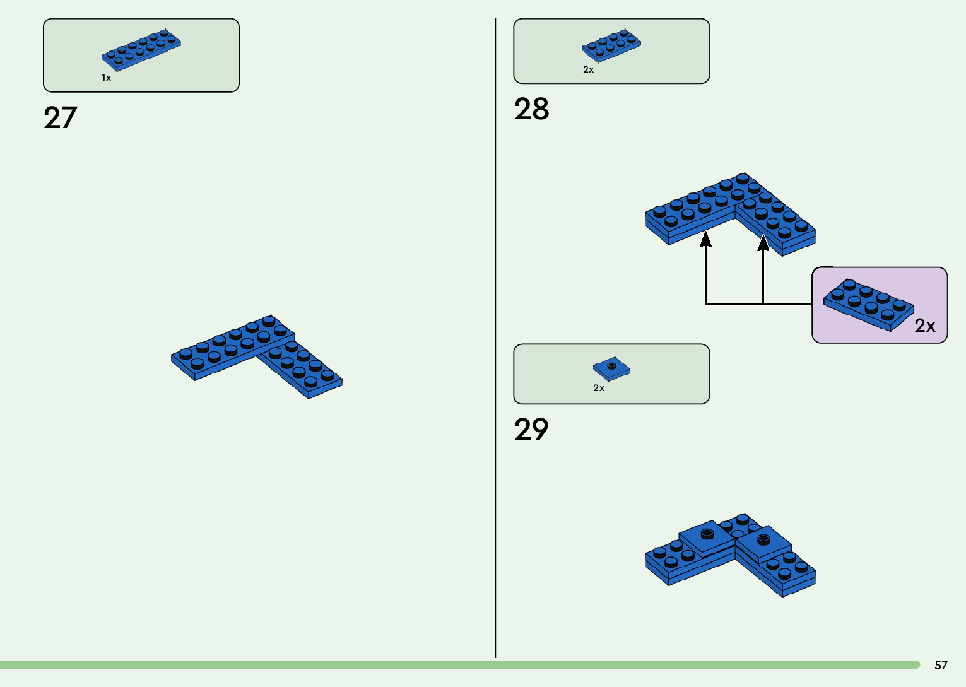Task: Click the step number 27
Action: (x=61, y=118)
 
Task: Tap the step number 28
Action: (x=531, y=109)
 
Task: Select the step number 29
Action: (x=531, y=430)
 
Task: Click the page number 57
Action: (x=941, y=665)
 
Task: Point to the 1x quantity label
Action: (x=106, y=78)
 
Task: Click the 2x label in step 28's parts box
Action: (x=588, y=69)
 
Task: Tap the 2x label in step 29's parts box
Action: (x=599, y=388)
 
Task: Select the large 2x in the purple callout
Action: (x=925, y=326)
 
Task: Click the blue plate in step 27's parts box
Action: (x=141, y=49)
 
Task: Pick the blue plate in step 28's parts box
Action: (x=611, y=45)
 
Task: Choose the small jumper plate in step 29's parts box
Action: (x=611, y=367)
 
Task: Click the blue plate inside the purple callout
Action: (x=868, y=304)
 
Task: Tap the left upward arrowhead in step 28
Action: (x=706, y=238)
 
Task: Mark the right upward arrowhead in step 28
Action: (x=763, y=242)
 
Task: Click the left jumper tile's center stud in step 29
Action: (x=707, y=534)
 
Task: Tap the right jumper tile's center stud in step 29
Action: (x=763, y=539)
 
